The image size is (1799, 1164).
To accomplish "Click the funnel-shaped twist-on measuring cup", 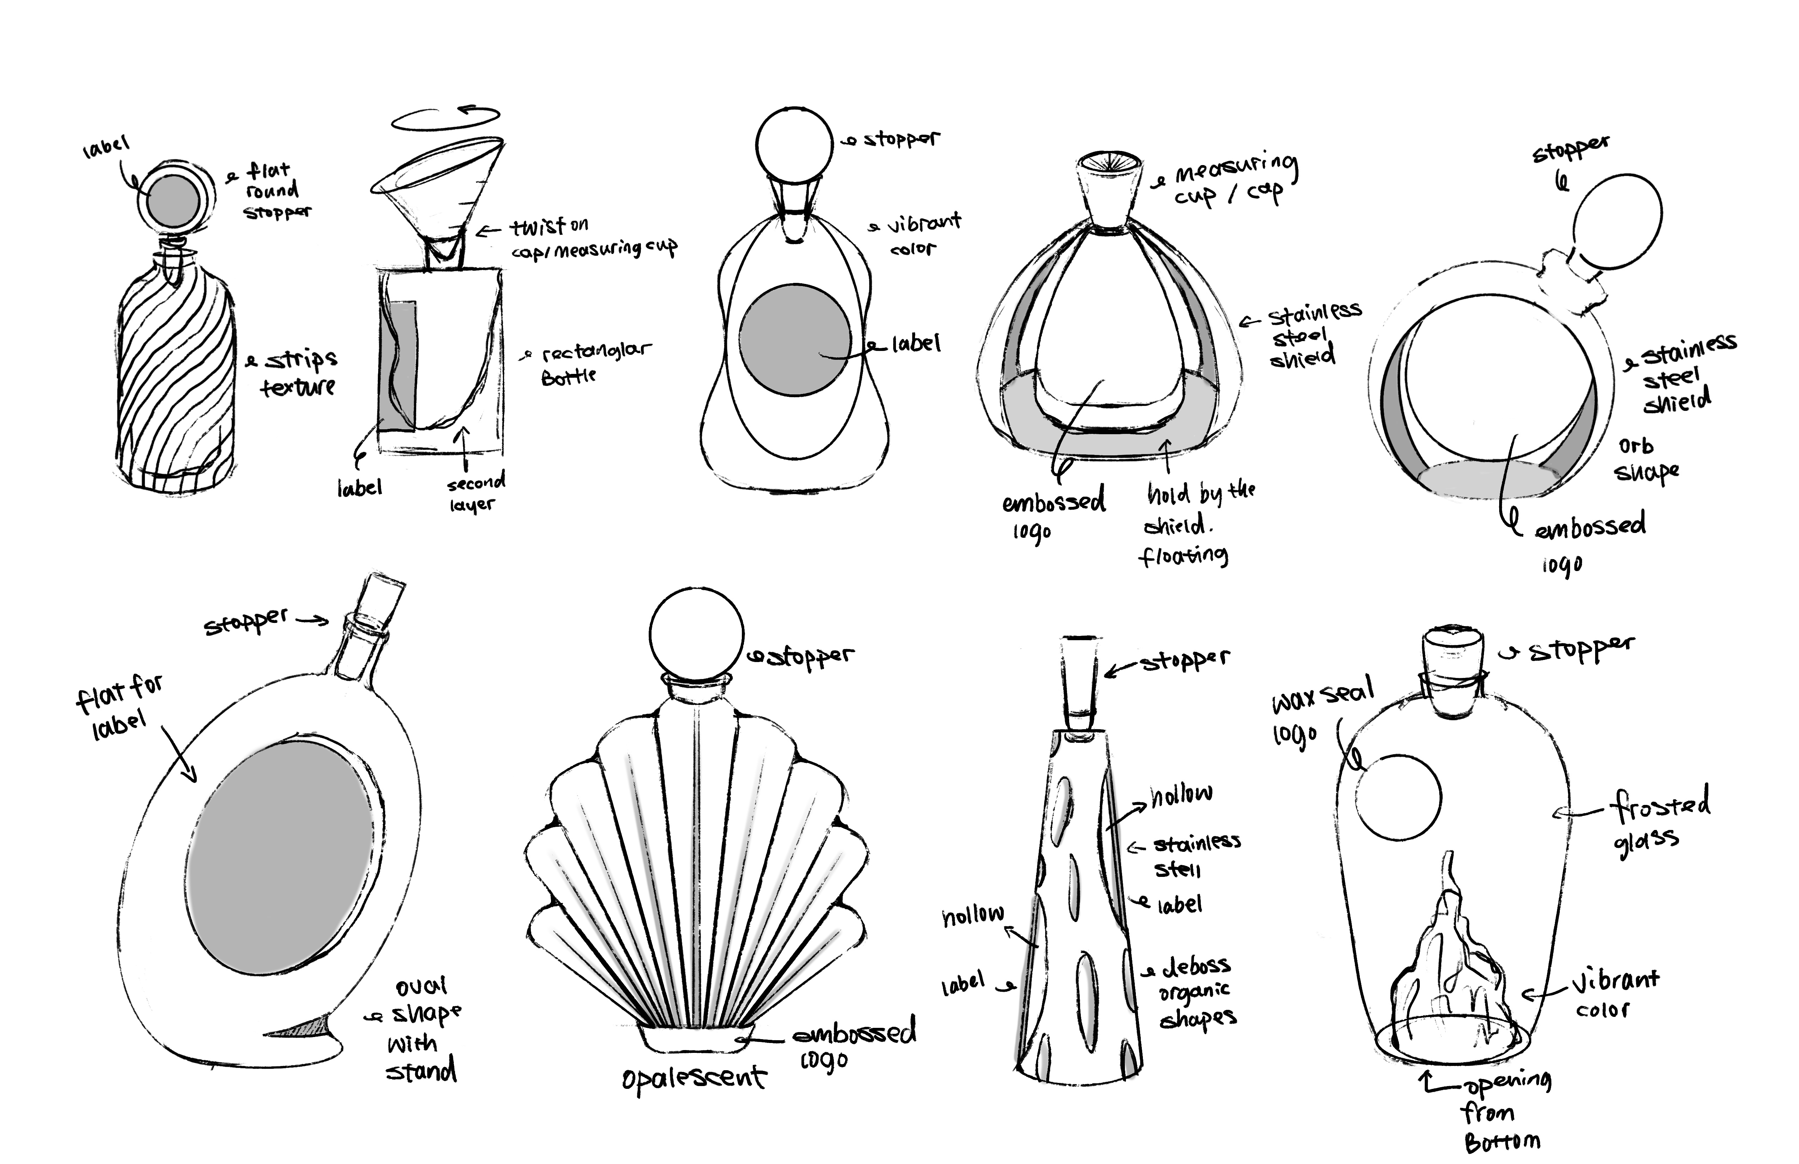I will [x=438, y=189].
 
